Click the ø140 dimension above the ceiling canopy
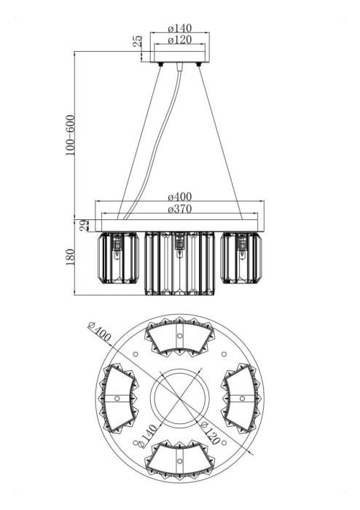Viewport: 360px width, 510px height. (x=180, y=28)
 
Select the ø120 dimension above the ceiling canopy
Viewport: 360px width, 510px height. (x=180, y=39)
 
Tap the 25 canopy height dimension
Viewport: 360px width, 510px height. (x=138, y=41)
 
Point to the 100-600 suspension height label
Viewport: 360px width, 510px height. (x=70, y=135)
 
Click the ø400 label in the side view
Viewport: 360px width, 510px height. (x=180, y=197)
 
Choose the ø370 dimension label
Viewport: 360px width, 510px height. (x=180, y=209)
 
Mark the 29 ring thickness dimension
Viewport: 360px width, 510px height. (x=85, y=225)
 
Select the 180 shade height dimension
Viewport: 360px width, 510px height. (x=70, y=257)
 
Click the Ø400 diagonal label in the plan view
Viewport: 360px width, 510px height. (x=100, y=332)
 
